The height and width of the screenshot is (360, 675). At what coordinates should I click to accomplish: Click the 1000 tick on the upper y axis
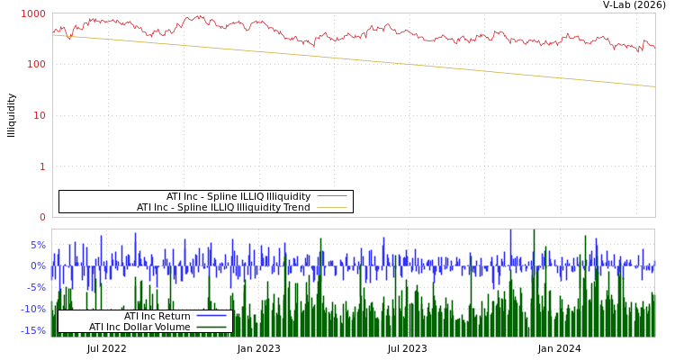coord(33,13)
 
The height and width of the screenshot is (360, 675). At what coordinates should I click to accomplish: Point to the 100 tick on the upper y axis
coord(36,65)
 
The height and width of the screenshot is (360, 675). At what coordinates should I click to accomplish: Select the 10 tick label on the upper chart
coord(39,115)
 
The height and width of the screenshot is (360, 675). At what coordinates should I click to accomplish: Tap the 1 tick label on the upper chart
coord(41,166)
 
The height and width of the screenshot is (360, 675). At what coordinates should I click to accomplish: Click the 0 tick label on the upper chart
coord(41,217)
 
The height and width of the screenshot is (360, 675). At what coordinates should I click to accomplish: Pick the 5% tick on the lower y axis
coord(38,245)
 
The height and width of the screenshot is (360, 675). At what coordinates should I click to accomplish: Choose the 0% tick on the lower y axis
coord(38,265)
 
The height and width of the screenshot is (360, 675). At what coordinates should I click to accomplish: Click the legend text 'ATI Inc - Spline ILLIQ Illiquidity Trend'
coord(223,207)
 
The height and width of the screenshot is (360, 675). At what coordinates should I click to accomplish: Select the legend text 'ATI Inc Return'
coord(157,316)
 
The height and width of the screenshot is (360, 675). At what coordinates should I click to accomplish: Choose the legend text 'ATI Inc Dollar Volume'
coord(139,327)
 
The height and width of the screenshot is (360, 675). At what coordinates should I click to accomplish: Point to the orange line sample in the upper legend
coord(331,207)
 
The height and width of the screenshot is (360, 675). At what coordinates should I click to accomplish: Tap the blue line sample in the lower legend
coord(211,316)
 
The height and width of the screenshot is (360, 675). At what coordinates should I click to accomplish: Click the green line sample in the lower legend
coord(211,327)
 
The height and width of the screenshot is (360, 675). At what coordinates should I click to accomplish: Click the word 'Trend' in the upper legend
coord(296,207)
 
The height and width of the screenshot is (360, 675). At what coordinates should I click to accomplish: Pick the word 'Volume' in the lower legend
coord(173,327)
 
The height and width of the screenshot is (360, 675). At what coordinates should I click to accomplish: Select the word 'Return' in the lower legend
coord(174,316)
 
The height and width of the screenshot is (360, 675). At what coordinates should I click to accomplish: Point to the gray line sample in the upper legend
coord(331,196)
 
